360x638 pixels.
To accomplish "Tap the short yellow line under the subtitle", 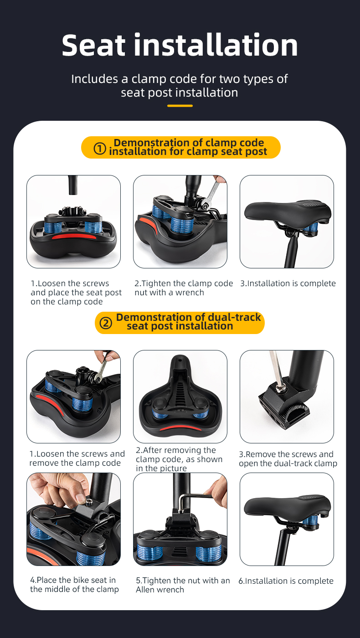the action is pyautogui.click(x=180, y=106).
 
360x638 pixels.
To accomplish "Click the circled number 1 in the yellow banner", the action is pyautogui.click(x=100, y=149).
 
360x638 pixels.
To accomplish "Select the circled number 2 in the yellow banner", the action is pyautogui.click(x=106, y=323).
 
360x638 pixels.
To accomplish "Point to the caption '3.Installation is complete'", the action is pyautogui.click(x=288, y=283).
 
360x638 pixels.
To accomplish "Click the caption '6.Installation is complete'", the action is pyautogui.click(x=286, y=581).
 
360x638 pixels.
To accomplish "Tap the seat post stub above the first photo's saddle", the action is pyautogui.click(x=73, y=185).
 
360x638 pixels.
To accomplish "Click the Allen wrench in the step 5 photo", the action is pyautogui.click(x=194, y=499).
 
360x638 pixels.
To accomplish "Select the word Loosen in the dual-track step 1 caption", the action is pyautogui.click(x=50, y=454).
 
